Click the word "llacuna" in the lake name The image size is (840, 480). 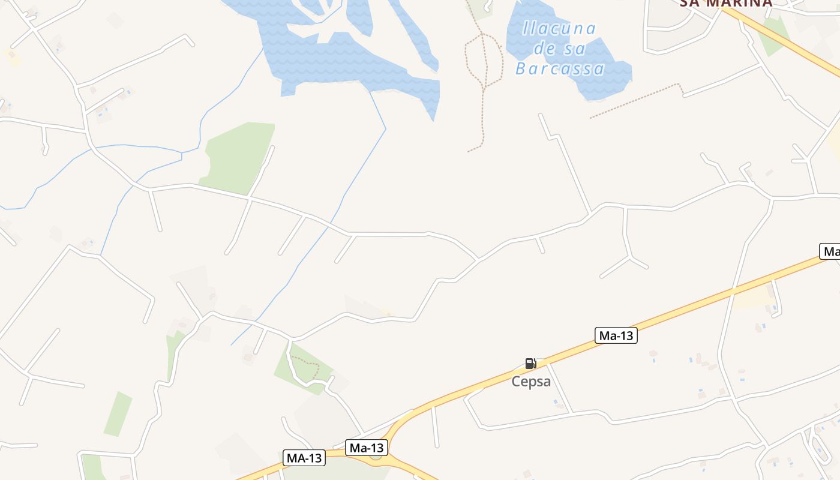[x=559, y=28]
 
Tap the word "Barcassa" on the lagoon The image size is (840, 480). [x=559, y=68]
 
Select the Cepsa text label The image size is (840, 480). [x=531, y=382]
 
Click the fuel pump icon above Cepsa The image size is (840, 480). [x=530, y=364]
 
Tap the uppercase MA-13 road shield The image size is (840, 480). [x=304, y=458]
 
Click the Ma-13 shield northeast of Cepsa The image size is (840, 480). [x=616, y=335]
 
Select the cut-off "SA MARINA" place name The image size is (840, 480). [x=725, y=4]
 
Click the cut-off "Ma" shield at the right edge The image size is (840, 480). [x=830, y=251]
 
